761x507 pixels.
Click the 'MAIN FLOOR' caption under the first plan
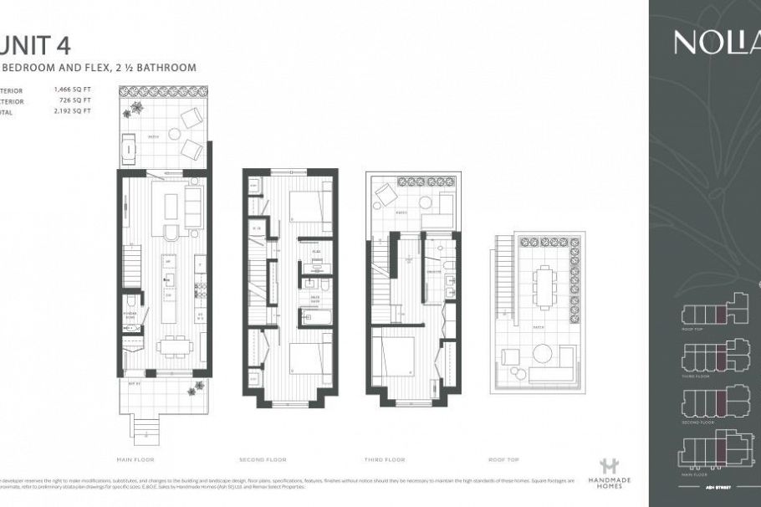136,459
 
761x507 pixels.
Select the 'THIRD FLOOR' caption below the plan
386,459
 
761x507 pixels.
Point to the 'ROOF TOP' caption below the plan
503,459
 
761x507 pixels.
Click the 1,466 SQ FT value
72,89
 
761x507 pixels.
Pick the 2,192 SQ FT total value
72,110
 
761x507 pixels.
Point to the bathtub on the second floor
316,317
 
